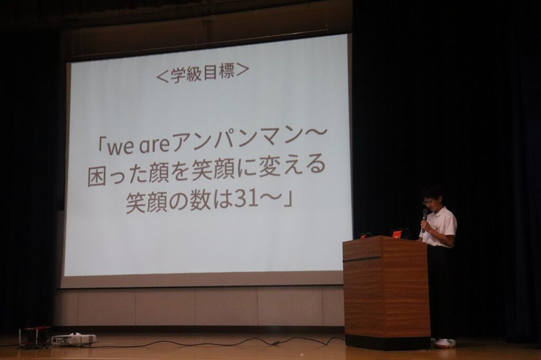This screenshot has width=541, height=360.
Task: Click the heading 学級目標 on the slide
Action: (x=202, y=73)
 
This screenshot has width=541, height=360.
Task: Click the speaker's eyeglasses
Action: (x=428, y=201)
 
